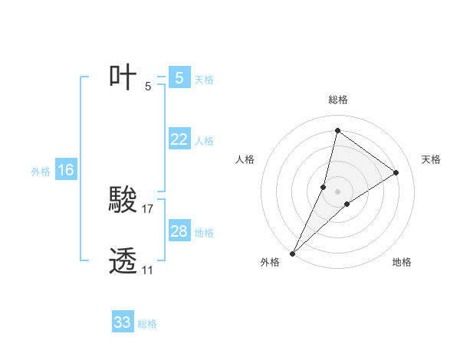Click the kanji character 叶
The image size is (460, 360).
tap(123, 77)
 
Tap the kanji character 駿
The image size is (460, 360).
tap(123, 201)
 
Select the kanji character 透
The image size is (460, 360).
tap(123, 261)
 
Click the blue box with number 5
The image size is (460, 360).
tap(179, 78)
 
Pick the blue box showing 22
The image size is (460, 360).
tap(179, 139)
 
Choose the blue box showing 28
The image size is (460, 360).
tap(179, 231)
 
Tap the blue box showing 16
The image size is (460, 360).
tap(66, 170)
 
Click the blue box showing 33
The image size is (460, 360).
tap(123, 322)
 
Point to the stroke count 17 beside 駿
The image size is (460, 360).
tap(148, 208)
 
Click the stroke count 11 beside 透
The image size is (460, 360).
tap(147, 270)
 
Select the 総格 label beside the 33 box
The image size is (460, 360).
tap(147, 324)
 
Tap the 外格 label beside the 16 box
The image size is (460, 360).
tap(41, 172)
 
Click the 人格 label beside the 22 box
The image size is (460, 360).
tap(204, 141)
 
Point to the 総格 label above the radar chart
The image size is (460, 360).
tap(337, 100)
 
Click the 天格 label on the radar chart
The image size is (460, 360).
tap(431, 159)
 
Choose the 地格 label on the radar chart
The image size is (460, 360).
tap(402, 262)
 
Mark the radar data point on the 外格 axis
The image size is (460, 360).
tap(293, 253)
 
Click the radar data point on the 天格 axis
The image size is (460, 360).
tap(396, 172)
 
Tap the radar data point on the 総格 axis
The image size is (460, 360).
tap(337, 130)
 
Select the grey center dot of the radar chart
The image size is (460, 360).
tap(337, 191)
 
